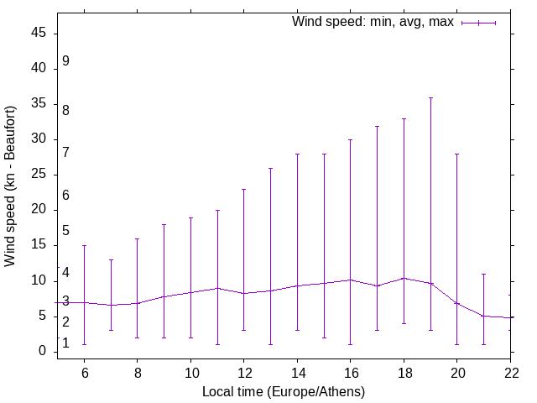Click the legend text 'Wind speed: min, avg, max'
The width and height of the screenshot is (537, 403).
[x=373, y=22]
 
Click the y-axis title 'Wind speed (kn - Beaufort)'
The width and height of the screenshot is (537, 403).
[x=11, y=186]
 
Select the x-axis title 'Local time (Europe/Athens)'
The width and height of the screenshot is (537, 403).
[x=284, y=391]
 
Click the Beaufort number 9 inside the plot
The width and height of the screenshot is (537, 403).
[x=65, y=61]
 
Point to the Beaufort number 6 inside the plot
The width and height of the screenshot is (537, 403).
[x=65, y=196]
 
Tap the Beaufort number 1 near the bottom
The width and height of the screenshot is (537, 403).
[x=65, y=343]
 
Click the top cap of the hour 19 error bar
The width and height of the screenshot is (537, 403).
[x=430, y=97]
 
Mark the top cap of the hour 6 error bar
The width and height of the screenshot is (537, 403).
[x=84, y=245]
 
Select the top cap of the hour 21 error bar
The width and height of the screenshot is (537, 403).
[x=484, y=274]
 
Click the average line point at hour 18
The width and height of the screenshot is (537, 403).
[x=404, y=278]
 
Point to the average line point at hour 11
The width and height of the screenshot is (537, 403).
[x=217, y=288]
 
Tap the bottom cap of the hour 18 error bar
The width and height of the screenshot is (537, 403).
[x=404, y=323]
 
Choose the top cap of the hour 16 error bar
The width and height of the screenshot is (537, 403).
[x=351, y=139]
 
